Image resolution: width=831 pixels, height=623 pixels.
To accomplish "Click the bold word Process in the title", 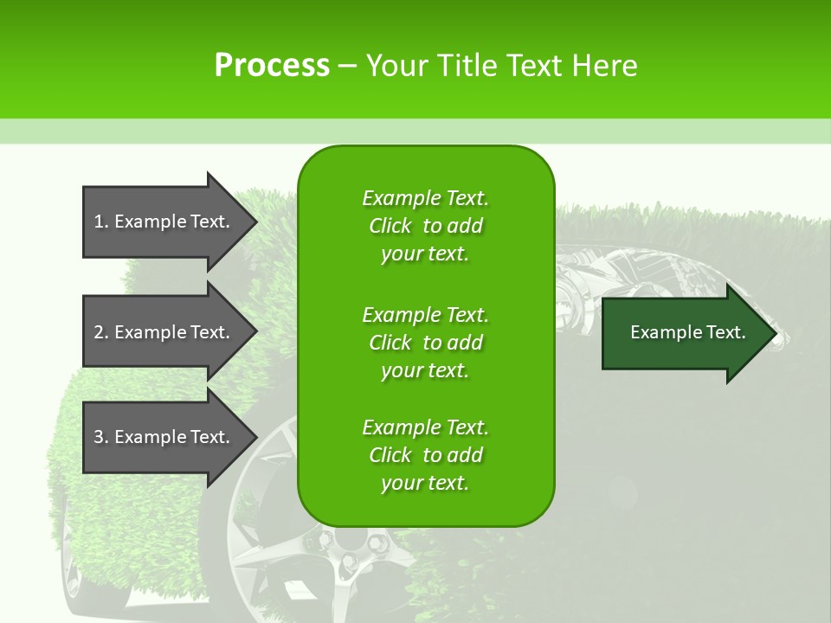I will click(x=272, y=66).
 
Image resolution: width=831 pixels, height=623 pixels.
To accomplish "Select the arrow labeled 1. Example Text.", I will click(x=164, y=222).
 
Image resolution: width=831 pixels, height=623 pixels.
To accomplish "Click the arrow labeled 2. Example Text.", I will click(x=164, y=332).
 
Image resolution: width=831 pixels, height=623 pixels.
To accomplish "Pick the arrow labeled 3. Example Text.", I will click(x=164, y=437).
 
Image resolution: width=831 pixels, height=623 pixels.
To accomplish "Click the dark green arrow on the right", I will click(x=684, y=333).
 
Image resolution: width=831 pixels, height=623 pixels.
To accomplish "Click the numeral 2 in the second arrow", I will click(x=99, y=332).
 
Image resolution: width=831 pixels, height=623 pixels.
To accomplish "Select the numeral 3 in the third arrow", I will click(x=99, y=437).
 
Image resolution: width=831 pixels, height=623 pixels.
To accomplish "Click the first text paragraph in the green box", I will click(x=425, y=226).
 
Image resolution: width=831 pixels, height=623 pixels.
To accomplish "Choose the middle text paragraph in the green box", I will click(x=425, y=343).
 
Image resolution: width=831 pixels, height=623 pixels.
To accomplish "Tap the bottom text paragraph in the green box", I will click(x=425, y=455).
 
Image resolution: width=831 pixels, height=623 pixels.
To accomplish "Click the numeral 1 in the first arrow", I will click(x=99, y=222).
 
